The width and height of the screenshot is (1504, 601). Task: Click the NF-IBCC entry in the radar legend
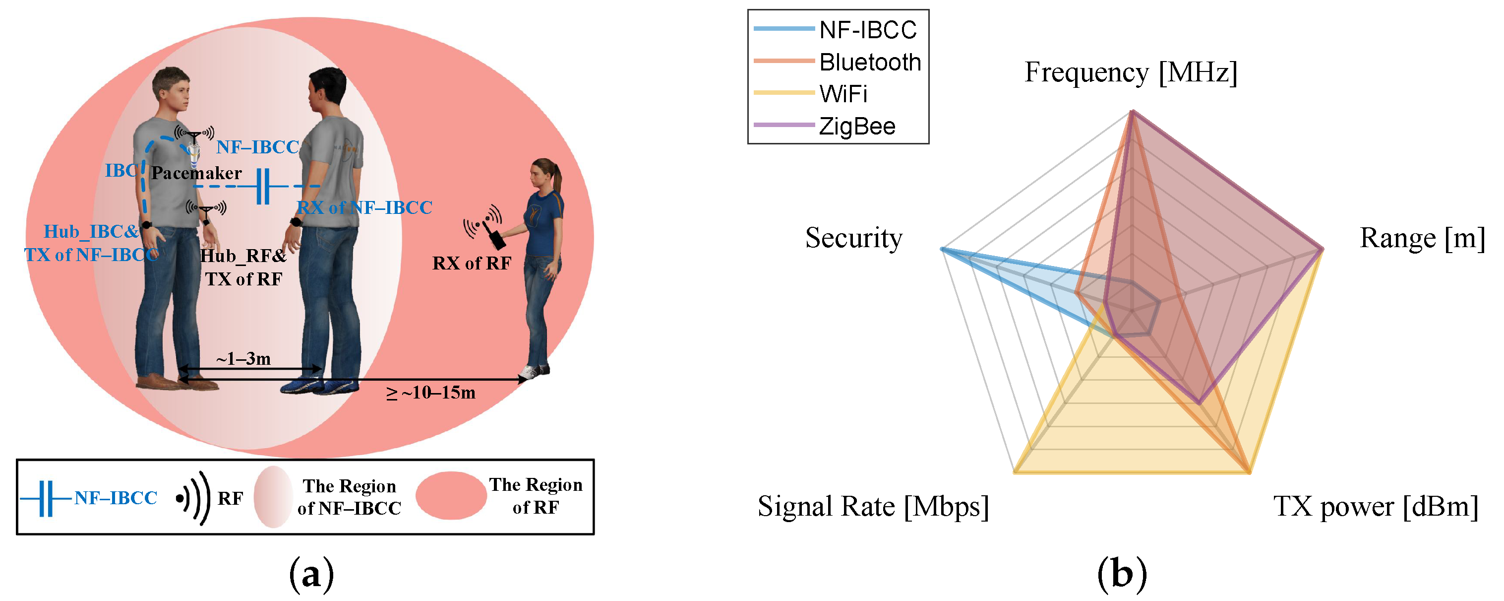pyautogui.click(x=866, y=30)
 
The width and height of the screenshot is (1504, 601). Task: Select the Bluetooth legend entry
pyautogui.click(x=869, y=62)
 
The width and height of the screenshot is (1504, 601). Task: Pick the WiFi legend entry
pyautogui.click(x=842, y=93)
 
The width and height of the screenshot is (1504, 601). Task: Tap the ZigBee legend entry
pyautogui.click(x=856, y=126)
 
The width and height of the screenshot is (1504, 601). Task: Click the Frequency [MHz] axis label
pyautogui.click(x=1130, y=72)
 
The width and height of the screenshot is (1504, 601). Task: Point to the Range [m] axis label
pyautogui.click(x=1422, y=238)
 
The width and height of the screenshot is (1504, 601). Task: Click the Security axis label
pyautogui.click(x=853, y=238)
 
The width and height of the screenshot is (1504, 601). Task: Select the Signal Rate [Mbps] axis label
pyautogui.click(x=873, y=506)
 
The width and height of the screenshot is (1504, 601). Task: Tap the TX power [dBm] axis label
pyautogui.click(x=1375, y=506)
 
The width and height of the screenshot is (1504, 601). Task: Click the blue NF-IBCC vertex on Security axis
pyautogui.click(x=942, y=250)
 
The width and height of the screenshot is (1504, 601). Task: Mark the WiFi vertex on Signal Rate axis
pyautogui.click(x=1016, y=471)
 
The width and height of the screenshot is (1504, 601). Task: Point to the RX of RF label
pyautogui.click(x=471, y=264)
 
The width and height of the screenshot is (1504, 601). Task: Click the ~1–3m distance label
pyautogui.click(x=243, y=359)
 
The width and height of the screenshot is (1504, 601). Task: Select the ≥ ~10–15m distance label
pyautogui.click(x=431, y=393)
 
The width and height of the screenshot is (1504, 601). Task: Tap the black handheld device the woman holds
pyautogui.click(x=496, y=238)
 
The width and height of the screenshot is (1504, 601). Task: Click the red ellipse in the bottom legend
pyautogui.click(x=451, y=496)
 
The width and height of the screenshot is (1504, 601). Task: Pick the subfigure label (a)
pyautogui.click(x=311, y=575)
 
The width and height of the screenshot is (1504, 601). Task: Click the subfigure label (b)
pyautogui.click(x=1122, y=575)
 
